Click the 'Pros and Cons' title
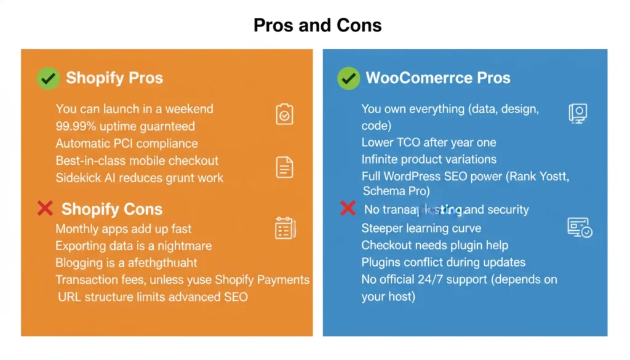[317, 25]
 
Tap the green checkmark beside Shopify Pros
[48, 78]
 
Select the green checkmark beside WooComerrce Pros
[348, 78]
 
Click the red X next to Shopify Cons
[45, 209]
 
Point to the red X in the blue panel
[348, 209]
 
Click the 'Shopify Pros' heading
[114, 78]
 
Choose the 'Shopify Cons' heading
[112, 209]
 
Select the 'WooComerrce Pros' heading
[438, 78]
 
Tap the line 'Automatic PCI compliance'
[127, 143]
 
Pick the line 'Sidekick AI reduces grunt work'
[140, 178]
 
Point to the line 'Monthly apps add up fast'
[124, 228]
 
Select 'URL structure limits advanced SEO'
[153, 297]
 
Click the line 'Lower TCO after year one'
[429, 142]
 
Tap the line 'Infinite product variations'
[429, 159]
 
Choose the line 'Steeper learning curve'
[421, 228]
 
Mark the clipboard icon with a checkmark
[284, 114]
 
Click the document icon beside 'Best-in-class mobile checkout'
[284, 167]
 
